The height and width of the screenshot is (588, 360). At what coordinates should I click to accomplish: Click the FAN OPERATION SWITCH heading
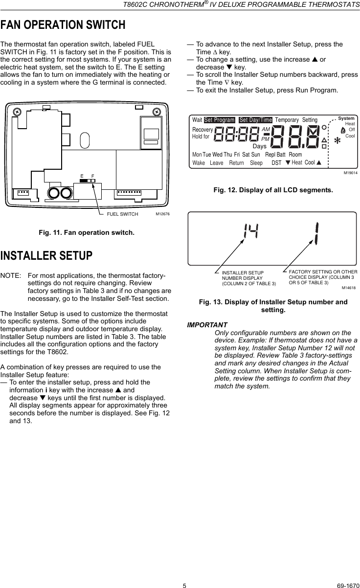pos(63,24)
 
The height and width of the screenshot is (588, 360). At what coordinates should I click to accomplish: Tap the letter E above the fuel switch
pos(82,175)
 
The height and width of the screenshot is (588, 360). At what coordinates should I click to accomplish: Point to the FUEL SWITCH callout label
pos(122,214)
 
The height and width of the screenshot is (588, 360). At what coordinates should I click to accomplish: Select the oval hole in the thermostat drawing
pos(85,141)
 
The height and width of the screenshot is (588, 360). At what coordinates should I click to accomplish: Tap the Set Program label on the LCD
pos(220,120)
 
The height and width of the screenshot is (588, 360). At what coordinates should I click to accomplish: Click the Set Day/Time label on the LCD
pos(255,120)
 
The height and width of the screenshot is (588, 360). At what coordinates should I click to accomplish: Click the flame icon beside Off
pos(341,130)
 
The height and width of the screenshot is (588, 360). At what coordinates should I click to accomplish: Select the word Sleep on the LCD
pos(256,162)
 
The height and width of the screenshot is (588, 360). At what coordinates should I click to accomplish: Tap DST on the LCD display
pos(276,162)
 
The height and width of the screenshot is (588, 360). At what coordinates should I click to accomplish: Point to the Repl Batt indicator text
pos(275,155)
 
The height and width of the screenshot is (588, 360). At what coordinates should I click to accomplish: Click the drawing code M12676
pos(161,214)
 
